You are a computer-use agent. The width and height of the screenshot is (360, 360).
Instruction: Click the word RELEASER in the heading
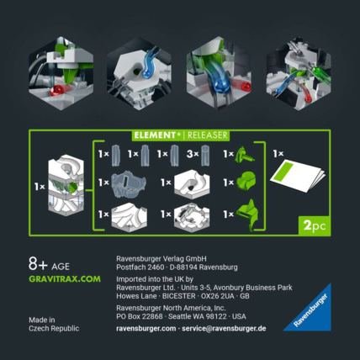coord(205,135)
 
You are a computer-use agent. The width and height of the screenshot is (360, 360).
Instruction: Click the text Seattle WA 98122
coord(199,316)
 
